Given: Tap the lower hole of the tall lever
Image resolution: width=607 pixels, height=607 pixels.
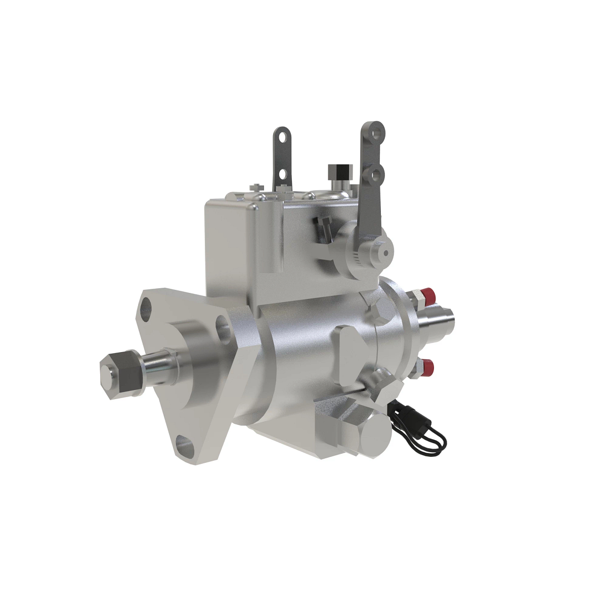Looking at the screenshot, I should tap(375, 175).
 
